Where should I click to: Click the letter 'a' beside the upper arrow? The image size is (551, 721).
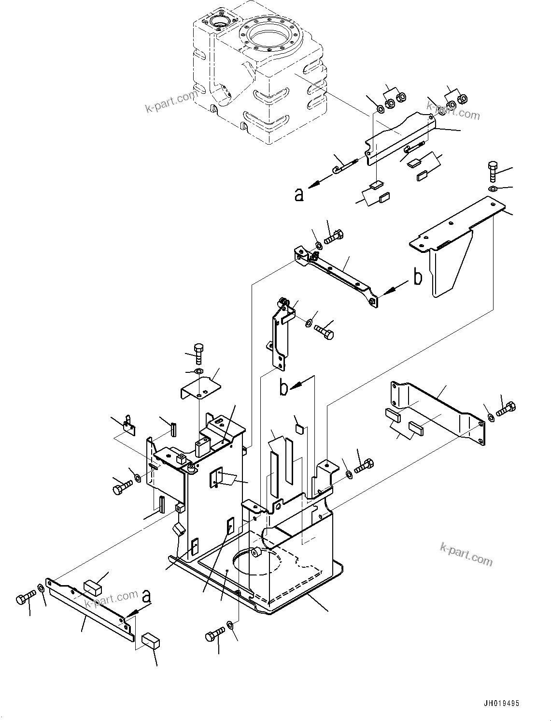click(299, 194)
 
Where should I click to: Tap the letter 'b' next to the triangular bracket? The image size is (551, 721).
click(418, 277)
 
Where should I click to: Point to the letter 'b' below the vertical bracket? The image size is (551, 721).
click(285, 387)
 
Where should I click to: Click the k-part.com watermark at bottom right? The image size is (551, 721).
click(466, 554)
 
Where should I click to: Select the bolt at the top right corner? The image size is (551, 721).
click(492, 170)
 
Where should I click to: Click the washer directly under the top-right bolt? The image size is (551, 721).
click(492, 188)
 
